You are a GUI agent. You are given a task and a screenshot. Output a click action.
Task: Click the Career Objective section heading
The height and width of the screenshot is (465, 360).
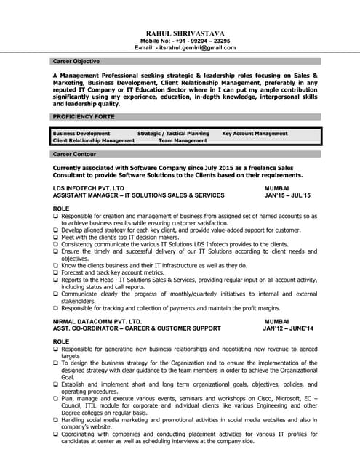coord(76,62)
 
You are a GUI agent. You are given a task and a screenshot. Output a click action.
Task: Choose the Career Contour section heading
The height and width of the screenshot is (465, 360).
coord(74,155)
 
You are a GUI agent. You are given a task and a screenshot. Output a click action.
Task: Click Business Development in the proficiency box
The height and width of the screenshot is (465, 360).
coord(81,134)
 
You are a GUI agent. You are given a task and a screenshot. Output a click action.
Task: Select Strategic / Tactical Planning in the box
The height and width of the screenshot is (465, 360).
coord(173,134)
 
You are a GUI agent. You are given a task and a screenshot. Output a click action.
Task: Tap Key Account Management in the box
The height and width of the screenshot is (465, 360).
coord(255,134)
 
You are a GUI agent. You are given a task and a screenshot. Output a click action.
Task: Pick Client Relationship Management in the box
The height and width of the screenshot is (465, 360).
coord(94,140)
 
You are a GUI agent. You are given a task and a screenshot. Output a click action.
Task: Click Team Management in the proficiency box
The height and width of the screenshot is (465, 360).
coord(183,140)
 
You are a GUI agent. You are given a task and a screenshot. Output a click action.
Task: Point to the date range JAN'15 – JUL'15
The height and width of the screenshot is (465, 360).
coord(287,195)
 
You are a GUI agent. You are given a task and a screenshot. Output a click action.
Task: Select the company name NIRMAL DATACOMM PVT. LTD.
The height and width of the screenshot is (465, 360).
coord(97,321)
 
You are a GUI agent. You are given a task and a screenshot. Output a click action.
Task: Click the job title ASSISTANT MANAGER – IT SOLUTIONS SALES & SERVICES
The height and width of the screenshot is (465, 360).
coord(139,195)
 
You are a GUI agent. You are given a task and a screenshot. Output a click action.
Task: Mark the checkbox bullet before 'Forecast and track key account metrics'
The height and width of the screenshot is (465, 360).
coord(56,272)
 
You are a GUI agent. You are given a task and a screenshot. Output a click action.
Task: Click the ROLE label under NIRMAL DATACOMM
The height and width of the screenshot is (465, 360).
coord(61,341)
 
